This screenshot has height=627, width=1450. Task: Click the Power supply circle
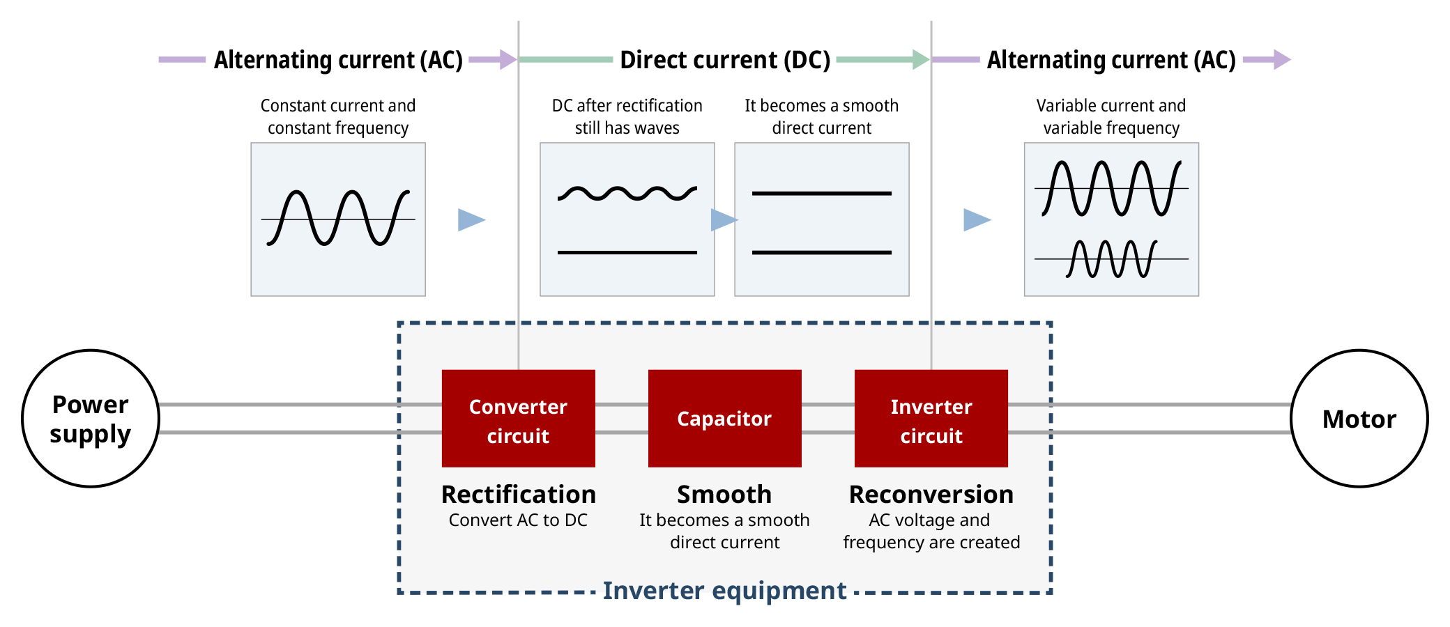(91, 418)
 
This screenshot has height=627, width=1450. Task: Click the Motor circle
(1359, 418)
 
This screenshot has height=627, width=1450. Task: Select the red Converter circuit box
(518, 418)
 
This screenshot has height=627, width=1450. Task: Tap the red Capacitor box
(724, 418)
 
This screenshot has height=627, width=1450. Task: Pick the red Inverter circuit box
(931, 418)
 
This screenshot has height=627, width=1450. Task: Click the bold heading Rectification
(518, 494)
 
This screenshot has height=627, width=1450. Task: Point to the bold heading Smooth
(724, 494)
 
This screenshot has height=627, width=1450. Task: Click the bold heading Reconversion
(931, 494)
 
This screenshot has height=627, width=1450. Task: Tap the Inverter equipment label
(724, 591)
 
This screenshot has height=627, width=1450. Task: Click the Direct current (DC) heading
(724, 60)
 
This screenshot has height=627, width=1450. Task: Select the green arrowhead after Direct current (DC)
(920, 60)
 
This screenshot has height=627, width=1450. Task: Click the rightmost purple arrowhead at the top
(1281, 60)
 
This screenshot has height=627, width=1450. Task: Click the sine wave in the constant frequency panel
(338, 218)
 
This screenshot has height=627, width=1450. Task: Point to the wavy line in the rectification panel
(627, 193)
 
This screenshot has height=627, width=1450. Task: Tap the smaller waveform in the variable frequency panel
(1111, 259)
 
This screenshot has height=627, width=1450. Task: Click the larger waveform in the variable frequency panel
(1111, 188)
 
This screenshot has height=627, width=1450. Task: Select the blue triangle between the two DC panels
(723, 219)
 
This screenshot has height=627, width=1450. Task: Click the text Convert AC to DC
(518, 520)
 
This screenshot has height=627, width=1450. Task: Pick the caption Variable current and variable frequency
(1111, 116)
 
